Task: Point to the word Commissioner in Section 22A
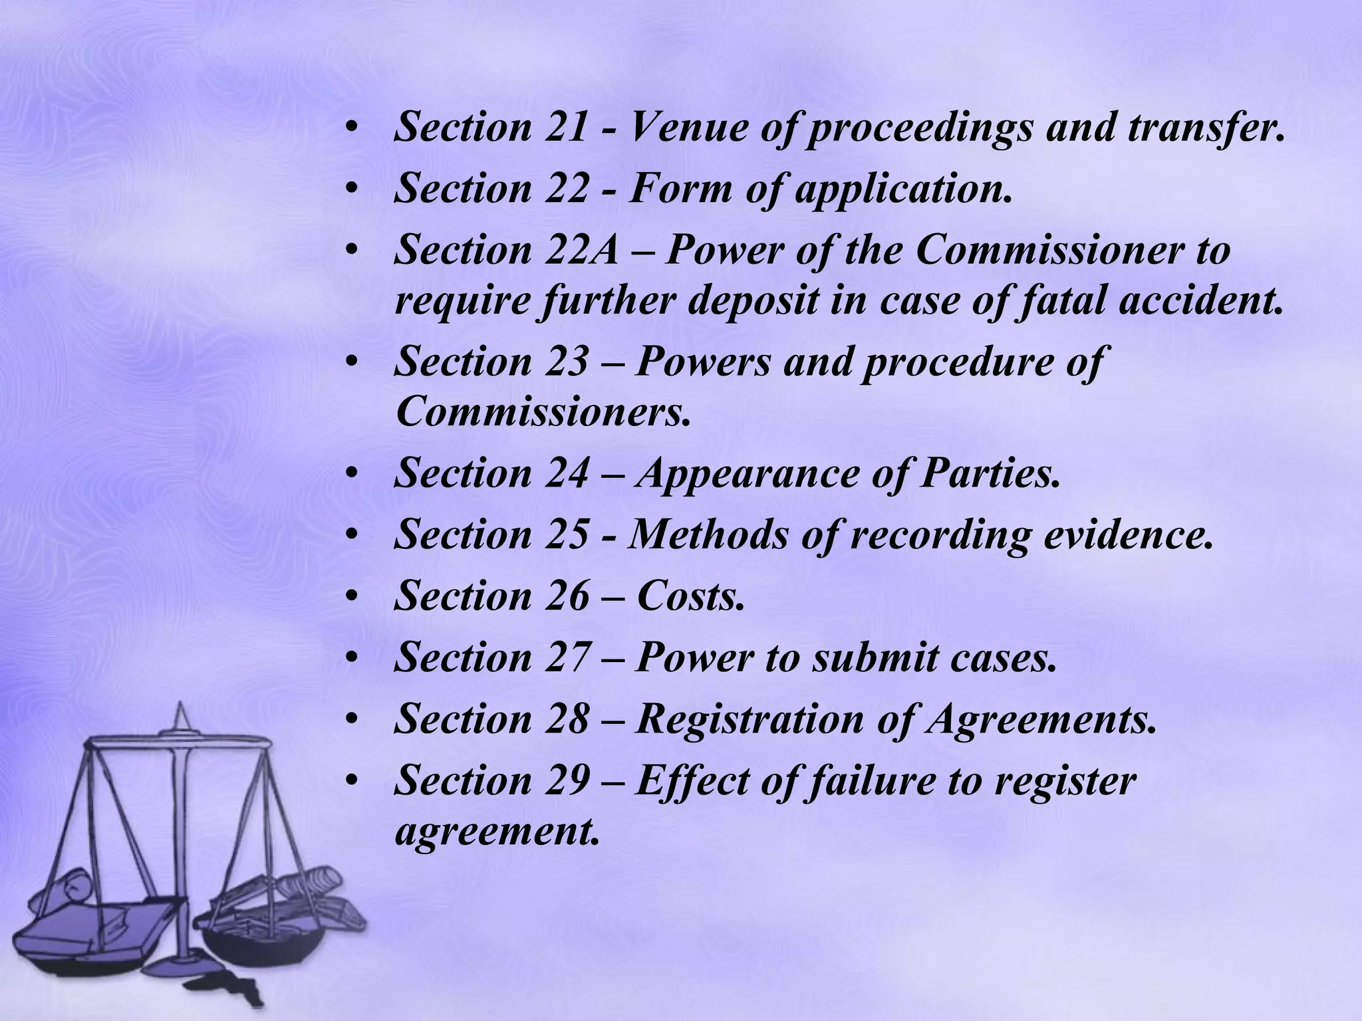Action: [x=1051, y=251]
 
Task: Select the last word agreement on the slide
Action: [x=496, y=831]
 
